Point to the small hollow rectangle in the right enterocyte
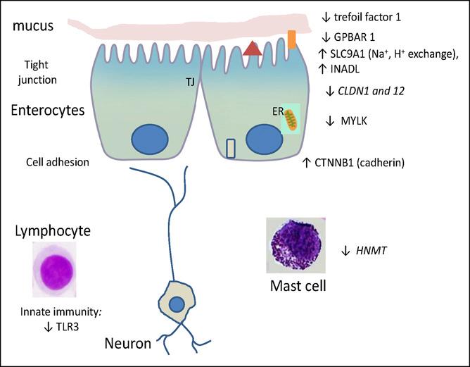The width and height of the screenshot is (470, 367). point(231,149)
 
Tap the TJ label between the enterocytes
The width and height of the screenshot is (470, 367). point(190,82)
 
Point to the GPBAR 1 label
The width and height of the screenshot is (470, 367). point(357,37)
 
